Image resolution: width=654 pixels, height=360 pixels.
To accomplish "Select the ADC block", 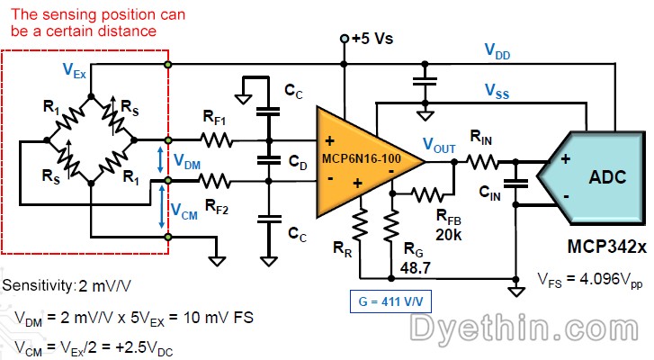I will [x=597, y=177].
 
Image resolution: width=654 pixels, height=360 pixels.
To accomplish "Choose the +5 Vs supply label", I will [x=372, y=39].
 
